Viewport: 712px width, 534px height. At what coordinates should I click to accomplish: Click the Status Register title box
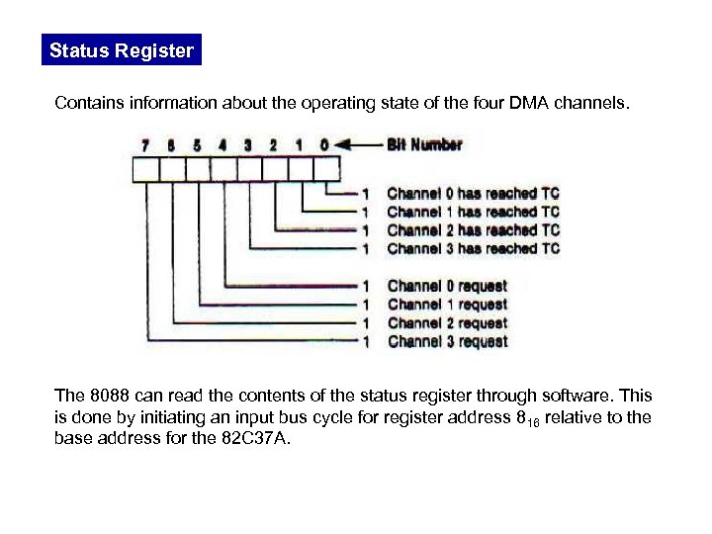[122, 50]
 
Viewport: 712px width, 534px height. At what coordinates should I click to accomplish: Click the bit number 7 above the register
[146, 144]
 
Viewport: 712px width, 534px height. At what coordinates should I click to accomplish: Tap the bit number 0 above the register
[324, 144]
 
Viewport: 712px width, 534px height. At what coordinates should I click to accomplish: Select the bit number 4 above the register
[222, 144]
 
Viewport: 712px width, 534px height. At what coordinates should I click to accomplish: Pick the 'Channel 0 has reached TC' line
[473, 194]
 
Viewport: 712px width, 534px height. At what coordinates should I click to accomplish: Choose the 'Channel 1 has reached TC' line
[473, 212]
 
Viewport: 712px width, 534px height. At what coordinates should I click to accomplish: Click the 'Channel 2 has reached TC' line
[473, 230]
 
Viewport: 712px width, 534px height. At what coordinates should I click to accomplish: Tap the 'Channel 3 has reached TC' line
[473, 248]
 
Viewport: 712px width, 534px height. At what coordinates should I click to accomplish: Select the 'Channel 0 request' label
[447, 286]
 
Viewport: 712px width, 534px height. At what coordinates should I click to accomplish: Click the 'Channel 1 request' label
[447, 305]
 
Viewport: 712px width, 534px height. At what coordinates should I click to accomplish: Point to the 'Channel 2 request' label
[447, 323]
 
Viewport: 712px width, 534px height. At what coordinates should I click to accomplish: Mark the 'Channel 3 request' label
[447, 342]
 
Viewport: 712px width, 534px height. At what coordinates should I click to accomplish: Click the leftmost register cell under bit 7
[145, 170]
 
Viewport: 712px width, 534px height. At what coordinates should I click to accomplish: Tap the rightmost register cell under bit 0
[325, 170]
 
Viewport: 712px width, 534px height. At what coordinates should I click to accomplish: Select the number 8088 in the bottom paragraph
[105, 396]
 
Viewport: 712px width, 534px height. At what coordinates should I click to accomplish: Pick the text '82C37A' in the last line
[258, 439]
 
